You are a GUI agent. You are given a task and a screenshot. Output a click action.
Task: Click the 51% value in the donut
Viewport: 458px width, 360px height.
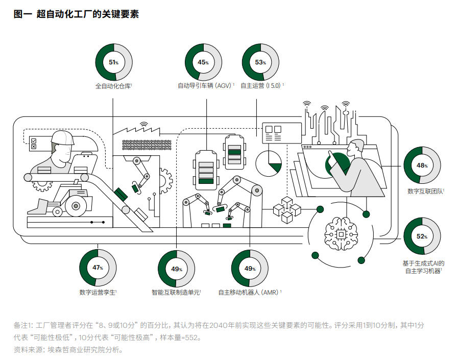click(113, 62)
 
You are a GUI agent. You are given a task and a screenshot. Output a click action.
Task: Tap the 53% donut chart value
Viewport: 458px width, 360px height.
click(260, 62)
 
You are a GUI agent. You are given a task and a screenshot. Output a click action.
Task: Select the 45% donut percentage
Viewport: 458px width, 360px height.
click(203, 62)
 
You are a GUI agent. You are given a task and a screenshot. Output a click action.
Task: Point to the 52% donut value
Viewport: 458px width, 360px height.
click(422, 236)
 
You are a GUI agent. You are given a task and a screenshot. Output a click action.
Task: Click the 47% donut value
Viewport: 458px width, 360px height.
click(98, 268)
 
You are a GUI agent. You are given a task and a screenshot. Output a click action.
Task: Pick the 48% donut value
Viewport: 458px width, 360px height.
click(422, 165)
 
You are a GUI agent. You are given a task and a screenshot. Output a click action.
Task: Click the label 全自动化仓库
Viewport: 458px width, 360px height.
click(113, 86)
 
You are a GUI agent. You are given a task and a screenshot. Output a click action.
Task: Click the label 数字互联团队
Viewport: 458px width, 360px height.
click(425, 191)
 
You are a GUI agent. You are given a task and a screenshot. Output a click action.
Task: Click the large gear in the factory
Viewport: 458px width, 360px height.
click(165, 178)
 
